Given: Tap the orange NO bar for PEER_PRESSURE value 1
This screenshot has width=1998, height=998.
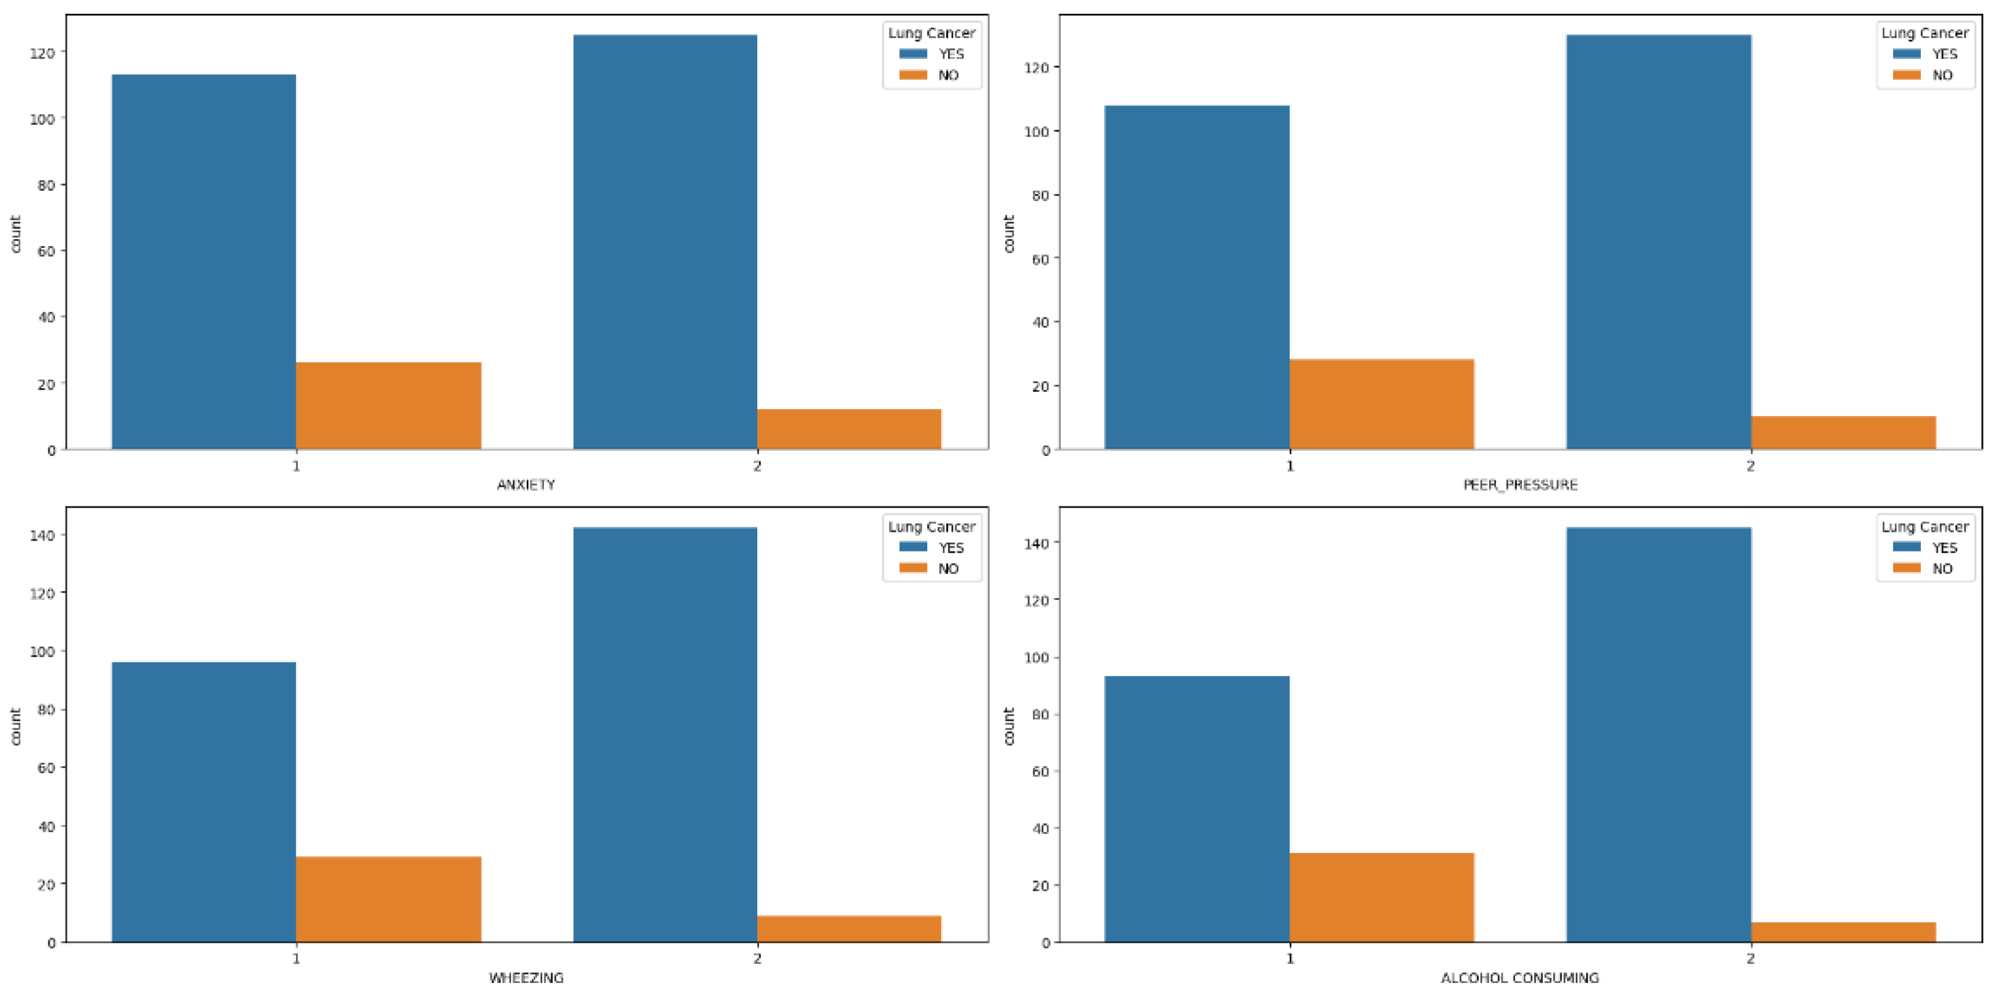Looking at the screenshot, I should (x=1381, y=404).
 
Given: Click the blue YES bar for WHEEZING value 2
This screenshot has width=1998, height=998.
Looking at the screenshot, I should (x=664, y=734).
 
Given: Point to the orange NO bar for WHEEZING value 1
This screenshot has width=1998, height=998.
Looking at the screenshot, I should (x=388, y=899).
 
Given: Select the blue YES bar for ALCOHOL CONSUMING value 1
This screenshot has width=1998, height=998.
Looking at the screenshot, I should (x=1197, y=809).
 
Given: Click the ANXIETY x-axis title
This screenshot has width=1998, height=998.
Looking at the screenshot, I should (x=526, y=485).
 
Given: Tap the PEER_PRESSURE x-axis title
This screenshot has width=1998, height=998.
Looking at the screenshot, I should (x=1520, y=485).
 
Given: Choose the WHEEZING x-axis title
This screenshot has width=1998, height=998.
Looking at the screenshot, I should (x=526, y=978).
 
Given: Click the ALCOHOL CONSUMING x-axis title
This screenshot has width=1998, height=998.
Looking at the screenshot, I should (x=1520, y=978).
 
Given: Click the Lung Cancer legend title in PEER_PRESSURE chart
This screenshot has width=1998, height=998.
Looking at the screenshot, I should (x=1924, y=33).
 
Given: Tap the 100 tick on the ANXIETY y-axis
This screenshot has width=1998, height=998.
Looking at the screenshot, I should (x=43, y=119).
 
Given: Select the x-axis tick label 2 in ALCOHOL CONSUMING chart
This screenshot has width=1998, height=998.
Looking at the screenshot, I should (x=1751, y=958).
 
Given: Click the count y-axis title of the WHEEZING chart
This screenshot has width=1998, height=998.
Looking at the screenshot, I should (x=16, y=726).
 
